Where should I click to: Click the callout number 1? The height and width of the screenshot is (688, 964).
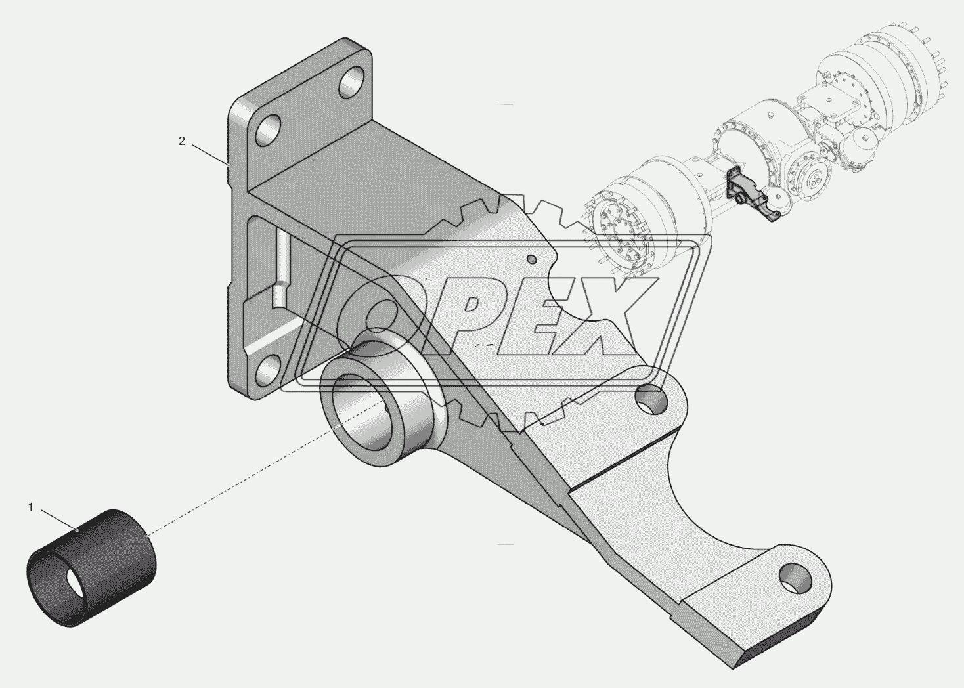[31, 507]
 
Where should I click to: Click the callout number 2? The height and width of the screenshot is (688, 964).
[182, 141]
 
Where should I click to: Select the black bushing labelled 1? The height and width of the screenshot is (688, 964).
[92, 567]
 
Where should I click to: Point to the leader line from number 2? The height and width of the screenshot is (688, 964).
[210, 155]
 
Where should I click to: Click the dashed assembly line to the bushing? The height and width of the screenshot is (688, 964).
[265, 468]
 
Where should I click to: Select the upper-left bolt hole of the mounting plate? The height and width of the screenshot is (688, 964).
[269, 131]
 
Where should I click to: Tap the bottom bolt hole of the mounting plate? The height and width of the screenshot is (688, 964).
[269, 368]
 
